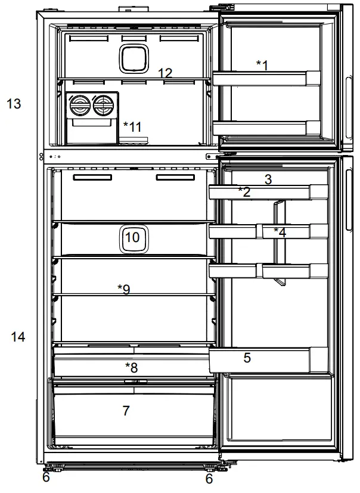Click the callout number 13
pos(14,104)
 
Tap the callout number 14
pos(18,337)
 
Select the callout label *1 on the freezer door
pos(262,64)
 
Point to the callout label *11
pos(132,126)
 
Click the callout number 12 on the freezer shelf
pos(165,73)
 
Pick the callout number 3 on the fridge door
pos(268,179)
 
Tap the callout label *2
pos(244,191)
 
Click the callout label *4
pos(280,232)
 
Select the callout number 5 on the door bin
pos(247,358)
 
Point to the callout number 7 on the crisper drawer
pos(126,411)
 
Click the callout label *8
pos(131,366)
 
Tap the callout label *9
pos(124,289)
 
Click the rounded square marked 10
pos(132,237)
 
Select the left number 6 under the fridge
pos(46,479)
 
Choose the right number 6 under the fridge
pos(209,479)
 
